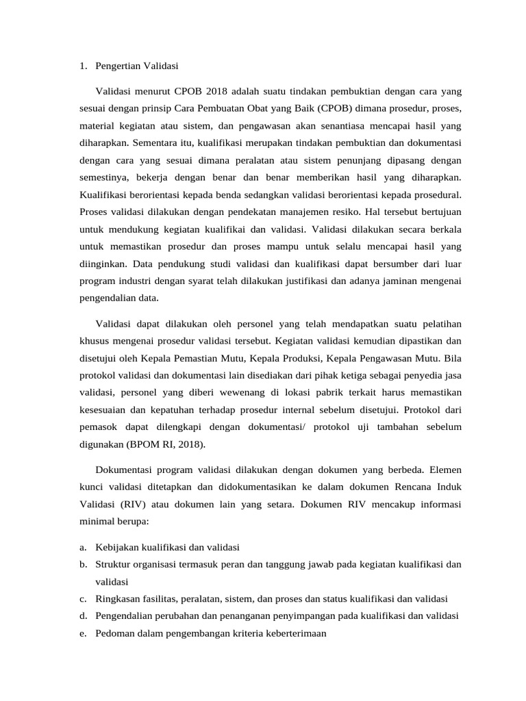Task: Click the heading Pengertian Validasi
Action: (x=137, y=66)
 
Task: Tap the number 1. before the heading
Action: (x=82, y=66)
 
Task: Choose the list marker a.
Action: (x=82, y=547)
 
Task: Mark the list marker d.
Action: (x=82, y=615)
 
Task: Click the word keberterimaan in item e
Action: (x=295, y=633)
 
